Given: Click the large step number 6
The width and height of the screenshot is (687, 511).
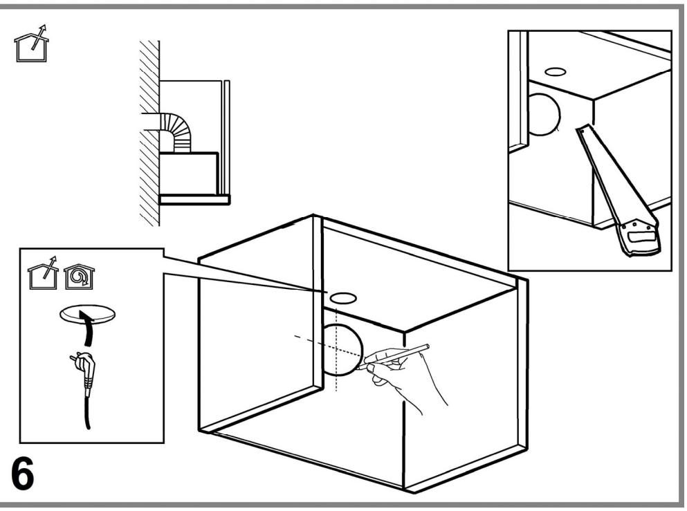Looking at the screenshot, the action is click(22, 474).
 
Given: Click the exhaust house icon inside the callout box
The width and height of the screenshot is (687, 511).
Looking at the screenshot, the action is click(43, 274).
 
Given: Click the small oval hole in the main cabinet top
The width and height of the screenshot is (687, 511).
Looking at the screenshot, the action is click(342, 299).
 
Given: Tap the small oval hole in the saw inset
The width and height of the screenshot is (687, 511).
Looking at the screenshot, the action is click(555, 71).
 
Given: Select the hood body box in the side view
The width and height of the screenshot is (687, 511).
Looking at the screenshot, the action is click(188, 173).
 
